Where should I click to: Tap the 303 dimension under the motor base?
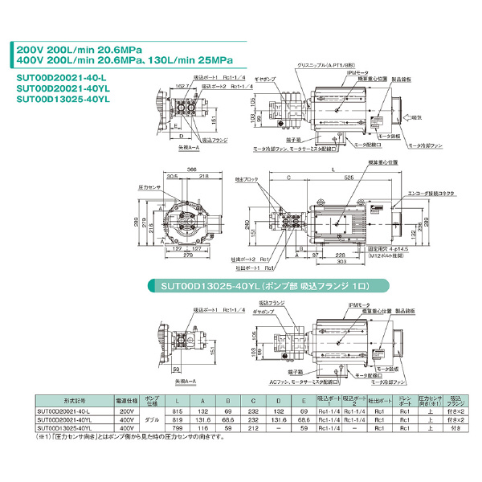[342, 261]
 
